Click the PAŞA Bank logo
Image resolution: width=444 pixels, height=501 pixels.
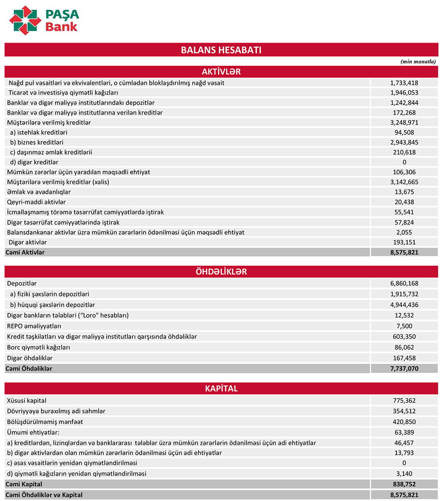point(44,20)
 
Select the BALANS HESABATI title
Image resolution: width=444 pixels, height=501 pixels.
point(221,50)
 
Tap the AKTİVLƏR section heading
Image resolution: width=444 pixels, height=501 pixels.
point(221,72)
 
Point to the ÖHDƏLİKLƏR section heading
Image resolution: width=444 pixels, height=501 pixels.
point(221,272)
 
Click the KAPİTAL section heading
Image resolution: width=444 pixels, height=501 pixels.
point(221,389)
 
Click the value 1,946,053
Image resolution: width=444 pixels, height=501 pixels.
point(404,93)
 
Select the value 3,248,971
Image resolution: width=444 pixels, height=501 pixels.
point(404,122)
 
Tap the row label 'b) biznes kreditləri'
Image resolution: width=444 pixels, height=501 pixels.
point(36,142)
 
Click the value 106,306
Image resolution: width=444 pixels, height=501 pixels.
point(404,172)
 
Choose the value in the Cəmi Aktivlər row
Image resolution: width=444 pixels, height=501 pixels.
point(404,252)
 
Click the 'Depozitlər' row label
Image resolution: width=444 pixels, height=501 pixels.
point(22,283)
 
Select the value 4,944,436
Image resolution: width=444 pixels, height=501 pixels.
point(404,305)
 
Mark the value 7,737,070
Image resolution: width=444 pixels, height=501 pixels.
point(404,369)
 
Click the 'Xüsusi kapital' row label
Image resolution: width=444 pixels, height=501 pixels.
point(27,401)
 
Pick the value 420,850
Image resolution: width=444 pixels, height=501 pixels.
point(404,422)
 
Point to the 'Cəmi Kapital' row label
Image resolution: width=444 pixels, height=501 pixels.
point(24,484)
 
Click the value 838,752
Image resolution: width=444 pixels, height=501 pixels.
point(404,484)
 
